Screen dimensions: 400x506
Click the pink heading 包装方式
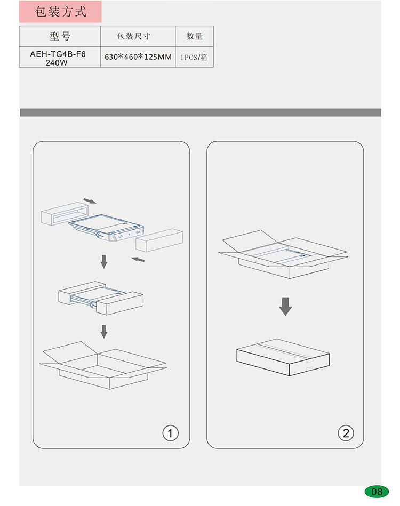[60, 12]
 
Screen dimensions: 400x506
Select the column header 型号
[60, 36]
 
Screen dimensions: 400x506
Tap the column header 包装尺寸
[134, 36]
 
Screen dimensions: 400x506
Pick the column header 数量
[194, 36]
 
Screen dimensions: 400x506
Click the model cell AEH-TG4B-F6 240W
[58, 58]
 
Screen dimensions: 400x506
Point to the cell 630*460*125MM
[138, 57]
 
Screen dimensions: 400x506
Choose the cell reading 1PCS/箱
[194, 58]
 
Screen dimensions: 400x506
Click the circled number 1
[170, 433]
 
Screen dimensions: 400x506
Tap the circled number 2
[346, 433]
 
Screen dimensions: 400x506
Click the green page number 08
[377, 492]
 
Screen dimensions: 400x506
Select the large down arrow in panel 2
[285, 306]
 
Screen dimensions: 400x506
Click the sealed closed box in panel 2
[283, 357]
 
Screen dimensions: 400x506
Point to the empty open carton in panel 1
[103, 365]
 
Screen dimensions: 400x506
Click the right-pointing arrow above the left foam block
[90, 201]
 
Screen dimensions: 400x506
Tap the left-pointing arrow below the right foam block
[138, 259]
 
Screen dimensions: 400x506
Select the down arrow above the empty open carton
[104, 332]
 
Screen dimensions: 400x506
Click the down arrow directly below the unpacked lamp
[104, 261]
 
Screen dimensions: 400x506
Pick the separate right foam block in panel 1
[159, 240]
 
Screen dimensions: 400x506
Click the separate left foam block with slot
[65, 214]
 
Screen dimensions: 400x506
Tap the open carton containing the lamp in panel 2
[283, 254]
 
